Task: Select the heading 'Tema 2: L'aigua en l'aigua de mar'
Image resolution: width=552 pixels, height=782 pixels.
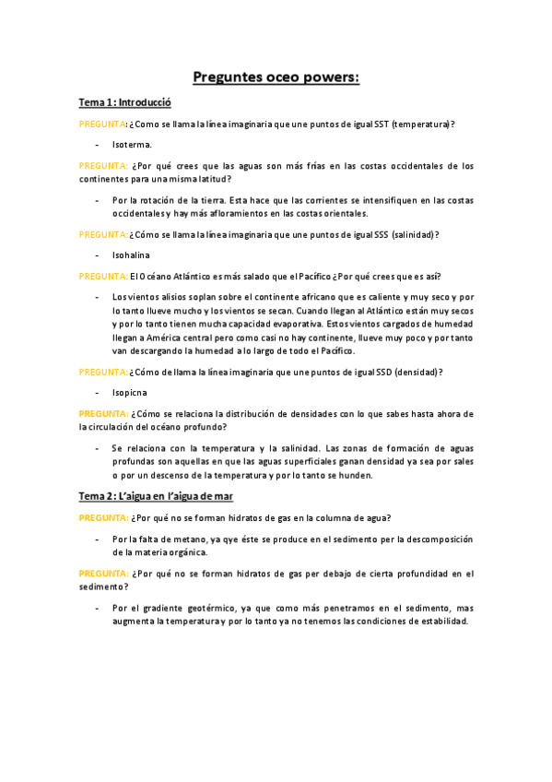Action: (155, 496)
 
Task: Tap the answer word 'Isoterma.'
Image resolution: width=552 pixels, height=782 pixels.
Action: (132, 145)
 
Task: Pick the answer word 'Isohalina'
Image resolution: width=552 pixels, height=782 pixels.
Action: (131, 255)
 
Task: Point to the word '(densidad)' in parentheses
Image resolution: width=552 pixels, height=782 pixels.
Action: (418, 372)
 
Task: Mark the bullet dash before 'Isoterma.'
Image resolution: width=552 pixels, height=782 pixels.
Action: (97, 145)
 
